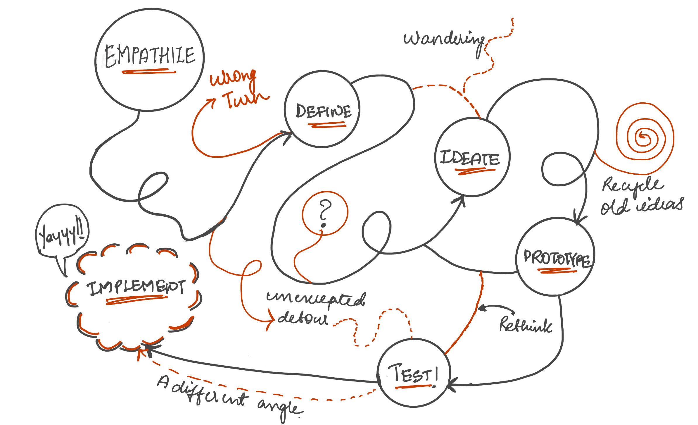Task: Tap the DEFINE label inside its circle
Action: (323, 111)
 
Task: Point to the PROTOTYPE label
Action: (558, 258)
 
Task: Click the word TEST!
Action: (414, 374)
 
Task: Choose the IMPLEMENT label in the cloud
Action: (136, 288)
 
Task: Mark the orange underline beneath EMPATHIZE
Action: (149, 71)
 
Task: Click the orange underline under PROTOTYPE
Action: (558, 271)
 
